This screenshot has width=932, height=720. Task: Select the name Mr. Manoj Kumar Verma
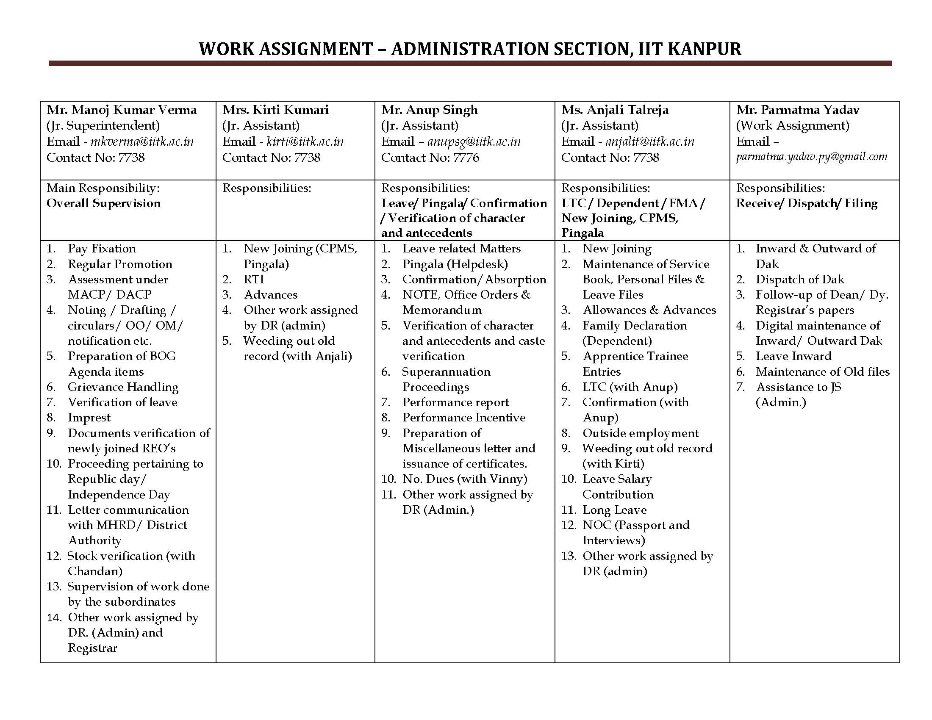click(x=122, y=110)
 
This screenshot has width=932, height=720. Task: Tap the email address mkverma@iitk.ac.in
click(x=141, y=141)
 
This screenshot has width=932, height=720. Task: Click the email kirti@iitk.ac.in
click(x=305, y=141)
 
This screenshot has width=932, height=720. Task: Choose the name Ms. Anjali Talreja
click(x=615, y=110)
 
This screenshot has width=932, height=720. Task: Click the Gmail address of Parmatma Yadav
click(x=811, y=157)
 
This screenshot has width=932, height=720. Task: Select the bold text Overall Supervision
click(x=104, y=203)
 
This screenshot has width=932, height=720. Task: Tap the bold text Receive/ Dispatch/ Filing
click(x=807, y=203)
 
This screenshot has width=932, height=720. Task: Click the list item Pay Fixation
click(x=102, y=249)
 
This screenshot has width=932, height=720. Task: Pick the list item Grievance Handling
click(x=123, y=387)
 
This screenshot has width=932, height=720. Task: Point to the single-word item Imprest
click(x=89, y=418)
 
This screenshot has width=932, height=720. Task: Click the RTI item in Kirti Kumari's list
click(x=254, y=280)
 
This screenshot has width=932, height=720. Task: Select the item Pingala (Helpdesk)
click(x=455, y=264)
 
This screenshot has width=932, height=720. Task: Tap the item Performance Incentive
click(x=463, y=418)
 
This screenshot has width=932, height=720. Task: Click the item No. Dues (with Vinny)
click(x=464, y=479)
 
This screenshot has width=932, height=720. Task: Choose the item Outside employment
click(x=640, y=433)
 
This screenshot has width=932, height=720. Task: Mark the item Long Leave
click(x=614, y=510)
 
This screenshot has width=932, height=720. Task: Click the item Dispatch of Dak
click(x=799, y=280)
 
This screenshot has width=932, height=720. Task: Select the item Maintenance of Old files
click(x=822, y=372)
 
